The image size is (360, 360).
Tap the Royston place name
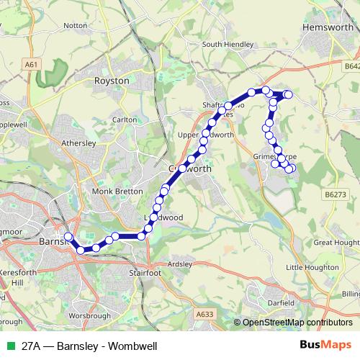click(x=112, y=81)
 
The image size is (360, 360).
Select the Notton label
click(x=75, y=25)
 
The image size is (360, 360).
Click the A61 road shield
click(x=31, y=64)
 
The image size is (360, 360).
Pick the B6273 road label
click(x=335, y=194)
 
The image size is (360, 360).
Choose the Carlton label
click(x=124, y=120)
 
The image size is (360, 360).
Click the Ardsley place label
click(x=179, y=264)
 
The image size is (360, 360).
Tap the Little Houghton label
click(x=312, y=268)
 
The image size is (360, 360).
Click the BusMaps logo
click(x=324, y=346)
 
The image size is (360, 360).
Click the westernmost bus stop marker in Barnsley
click(x=68, y=236)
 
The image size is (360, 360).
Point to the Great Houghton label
click(x=337, y=243)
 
